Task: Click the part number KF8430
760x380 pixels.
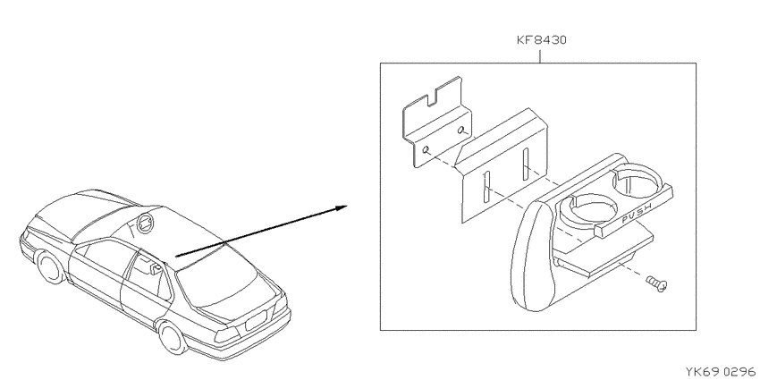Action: pos(541,39)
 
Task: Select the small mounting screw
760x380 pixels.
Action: pos(657,283)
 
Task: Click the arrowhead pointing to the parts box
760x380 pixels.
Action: pos(341,208)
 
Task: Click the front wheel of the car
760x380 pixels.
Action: pos(51,266)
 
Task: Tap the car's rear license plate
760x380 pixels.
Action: pos(256,320)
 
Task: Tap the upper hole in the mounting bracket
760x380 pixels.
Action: pos(463,130)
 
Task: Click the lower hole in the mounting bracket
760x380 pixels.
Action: pos(426,150)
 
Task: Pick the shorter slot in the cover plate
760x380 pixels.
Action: pos(525,165)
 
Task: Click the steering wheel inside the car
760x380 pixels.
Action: pos(146,222)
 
